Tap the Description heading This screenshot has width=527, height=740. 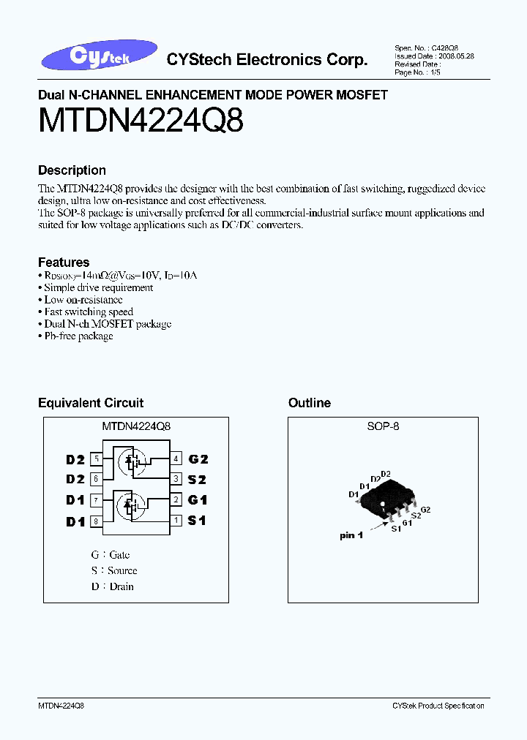(x=72, y=170)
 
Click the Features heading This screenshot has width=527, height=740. (x=64, y=262)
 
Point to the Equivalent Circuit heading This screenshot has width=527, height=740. (x=91, y=403)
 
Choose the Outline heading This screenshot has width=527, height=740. (x=310, y=403)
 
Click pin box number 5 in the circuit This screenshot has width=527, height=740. (x=96, y=459)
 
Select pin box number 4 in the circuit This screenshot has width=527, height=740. (x=176, y=459)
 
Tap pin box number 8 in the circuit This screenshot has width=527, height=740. (x=96, y=521)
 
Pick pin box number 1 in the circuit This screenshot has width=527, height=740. (x=176, y=521)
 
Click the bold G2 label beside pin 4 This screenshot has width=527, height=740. (x=198, y=459)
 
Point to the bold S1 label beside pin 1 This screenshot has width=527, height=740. (x=198, y=521)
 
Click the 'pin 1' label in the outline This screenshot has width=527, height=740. (x=351, y=536)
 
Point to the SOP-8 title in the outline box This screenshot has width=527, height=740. (x=383, y=426)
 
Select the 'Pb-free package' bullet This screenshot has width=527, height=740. (x=78, y=336)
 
